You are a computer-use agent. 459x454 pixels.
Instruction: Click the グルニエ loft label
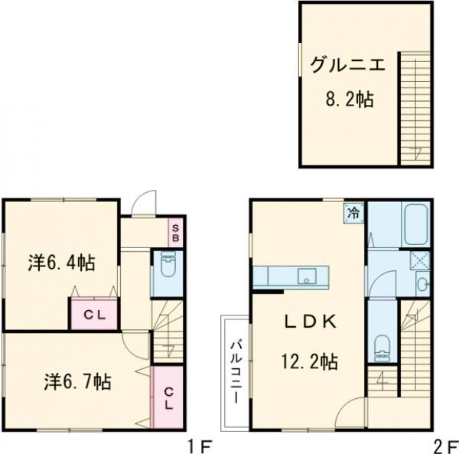(347, 64)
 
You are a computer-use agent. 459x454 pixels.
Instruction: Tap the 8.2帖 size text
(350, 99)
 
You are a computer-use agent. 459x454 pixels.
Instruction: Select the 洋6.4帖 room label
(61, 263)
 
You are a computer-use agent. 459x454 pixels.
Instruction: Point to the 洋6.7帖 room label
(77, 382)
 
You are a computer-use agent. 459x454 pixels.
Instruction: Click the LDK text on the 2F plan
(311, 322)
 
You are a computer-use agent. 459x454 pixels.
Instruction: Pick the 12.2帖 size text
(310, 361)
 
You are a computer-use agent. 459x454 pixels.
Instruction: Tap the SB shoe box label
(175, 233)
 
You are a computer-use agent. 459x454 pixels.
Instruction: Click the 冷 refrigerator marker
(353, 213)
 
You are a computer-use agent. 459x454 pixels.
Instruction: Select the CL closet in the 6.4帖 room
(94, 315)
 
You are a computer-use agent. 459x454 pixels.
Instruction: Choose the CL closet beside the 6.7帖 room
(168, 397)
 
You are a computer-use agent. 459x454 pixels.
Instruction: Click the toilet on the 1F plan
(168, 263)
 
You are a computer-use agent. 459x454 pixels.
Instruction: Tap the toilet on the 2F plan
(382, 347)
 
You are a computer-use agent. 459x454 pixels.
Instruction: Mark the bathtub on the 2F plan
(415, 224)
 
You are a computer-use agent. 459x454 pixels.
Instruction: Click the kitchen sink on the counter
(307, 276)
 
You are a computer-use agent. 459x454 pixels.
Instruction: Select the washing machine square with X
(420, 260)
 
